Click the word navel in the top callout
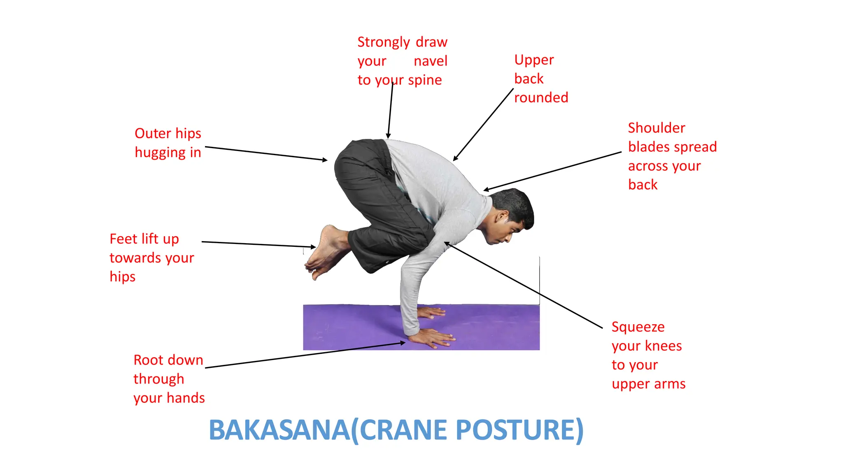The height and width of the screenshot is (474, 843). pos(430,61)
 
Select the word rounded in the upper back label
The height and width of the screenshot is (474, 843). pos(541,98)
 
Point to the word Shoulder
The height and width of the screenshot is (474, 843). pos(657,128)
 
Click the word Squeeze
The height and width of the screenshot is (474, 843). pos(638,327)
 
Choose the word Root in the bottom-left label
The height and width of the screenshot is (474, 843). pos(149,360)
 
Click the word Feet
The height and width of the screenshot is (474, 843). pos(123,239)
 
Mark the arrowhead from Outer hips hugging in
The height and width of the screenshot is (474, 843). pos(326,160)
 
